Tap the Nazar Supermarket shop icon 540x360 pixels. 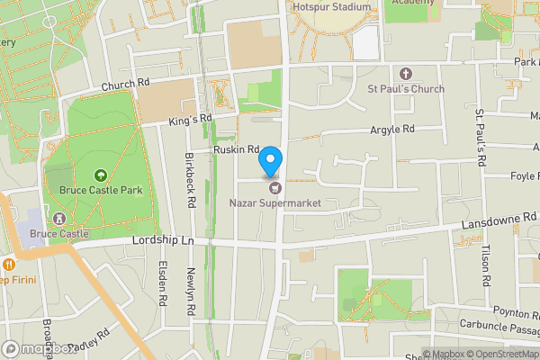274,188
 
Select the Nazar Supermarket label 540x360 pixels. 274,203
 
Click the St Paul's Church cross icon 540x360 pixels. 405,73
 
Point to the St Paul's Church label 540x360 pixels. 405,88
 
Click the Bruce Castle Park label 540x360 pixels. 101,191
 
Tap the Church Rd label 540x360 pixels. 125,85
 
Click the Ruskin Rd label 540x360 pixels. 236,148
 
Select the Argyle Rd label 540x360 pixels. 392,130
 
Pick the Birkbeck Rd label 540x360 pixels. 190,161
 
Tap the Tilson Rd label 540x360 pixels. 486,266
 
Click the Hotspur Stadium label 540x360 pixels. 331,7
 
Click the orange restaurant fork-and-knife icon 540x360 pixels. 8,265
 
